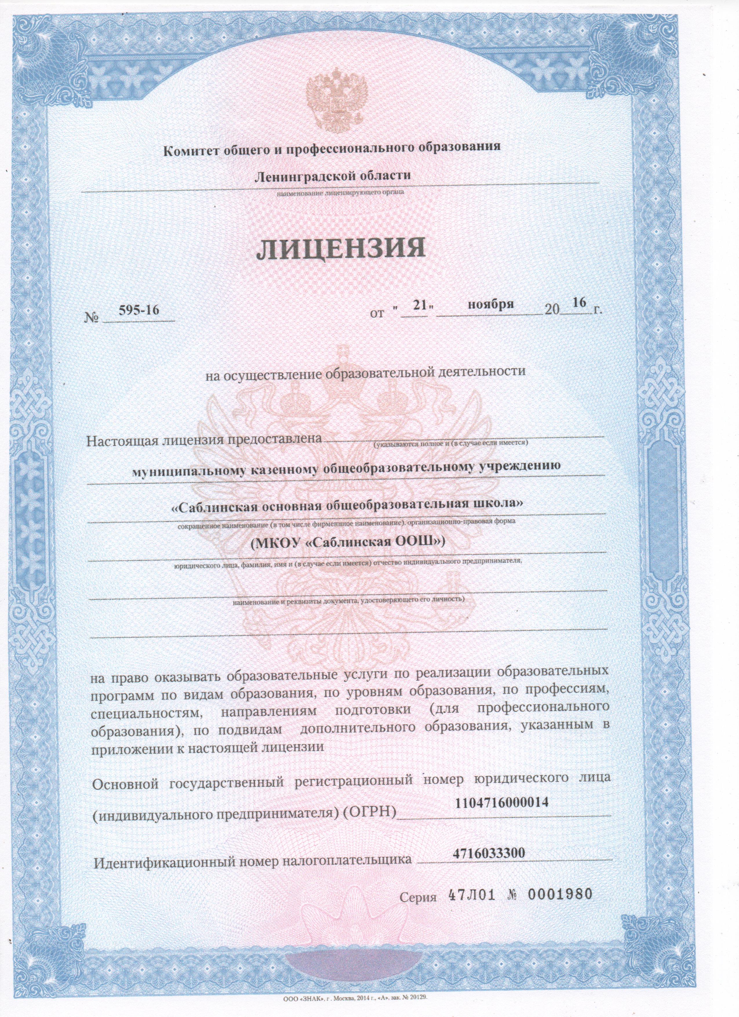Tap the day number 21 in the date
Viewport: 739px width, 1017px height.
point(419,305)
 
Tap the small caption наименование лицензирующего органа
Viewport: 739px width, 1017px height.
point(340,193)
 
